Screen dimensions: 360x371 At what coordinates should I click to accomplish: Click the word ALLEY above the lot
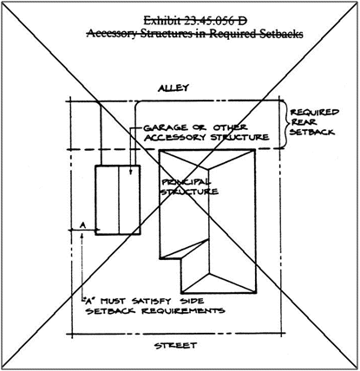[x=173, y=88]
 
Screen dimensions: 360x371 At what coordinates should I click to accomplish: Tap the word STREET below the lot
[x=175, y=346]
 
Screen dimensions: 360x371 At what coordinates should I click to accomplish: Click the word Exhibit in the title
[x=161, y=21]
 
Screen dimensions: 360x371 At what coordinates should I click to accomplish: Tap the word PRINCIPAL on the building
[x=187, y=182]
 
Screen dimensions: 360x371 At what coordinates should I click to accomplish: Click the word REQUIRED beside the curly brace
[x=314, y=112]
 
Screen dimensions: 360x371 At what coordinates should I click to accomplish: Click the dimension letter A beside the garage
[x=82, y=225]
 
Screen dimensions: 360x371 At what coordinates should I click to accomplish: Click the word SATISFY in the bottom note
[x=152, y=301]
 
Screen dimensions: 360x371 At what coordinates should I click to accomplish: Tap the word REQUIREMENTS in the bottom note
[x=183, y=311]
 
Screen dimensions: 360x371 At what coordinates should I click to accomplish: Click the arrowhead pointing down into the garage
[x=130, y=172]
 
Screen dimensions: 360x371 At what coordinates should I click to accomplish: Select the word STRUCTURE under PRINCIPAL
[x=189, y=192]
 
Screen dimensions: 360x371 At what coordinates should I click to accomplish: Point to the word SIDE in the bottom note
[x=192, y=301]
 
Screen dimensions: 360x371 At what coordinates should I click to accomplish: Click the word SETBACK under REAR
[x=312, y=132]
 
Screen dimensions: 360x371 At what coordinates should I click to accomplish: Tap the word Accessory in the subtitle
[x=111, y=34]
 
